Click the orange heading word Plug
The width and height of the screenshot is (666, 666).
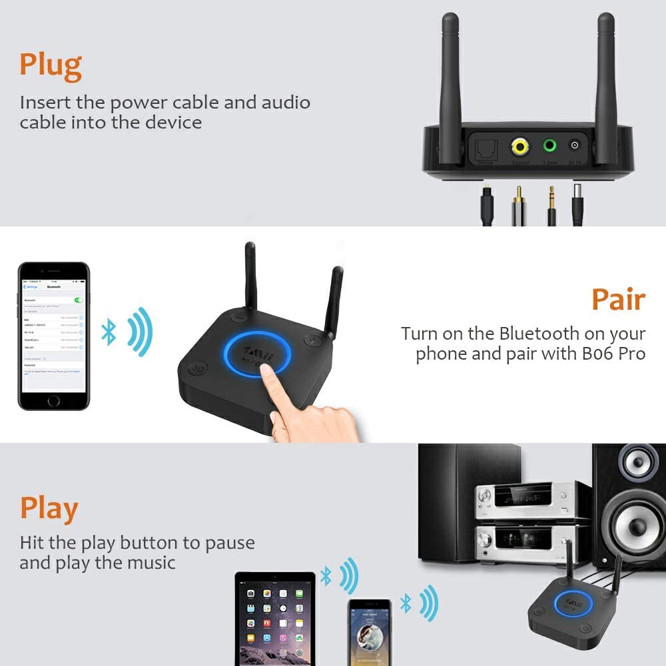pos(51,65)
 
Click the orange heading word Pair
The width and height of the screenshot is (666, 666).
pos(618,300)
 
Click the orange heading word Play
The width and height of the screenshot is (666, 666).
pos(49,509)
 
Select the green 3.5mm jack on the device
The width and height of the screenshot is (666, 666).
pos(550,146)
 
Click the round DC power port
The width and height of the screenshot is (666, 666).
pos(575,146)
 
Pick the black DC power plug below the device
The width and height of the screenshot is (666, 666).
pos(577,203)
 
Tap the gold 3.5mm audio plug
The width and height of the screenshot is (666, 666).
pos(551,203)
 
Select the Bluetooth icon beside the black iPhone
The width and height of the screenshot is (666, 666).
pos(109,331)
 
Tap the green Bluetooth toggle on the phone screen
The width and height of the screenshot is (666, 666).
pos(79,300)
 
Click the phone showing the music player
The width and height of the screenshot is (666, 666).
pos(370,633)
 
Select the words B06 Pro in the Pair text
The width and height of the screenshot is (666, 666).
pos(615,353)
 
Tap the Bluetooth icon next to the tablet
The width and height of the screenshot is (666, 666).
pos(326,577)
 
